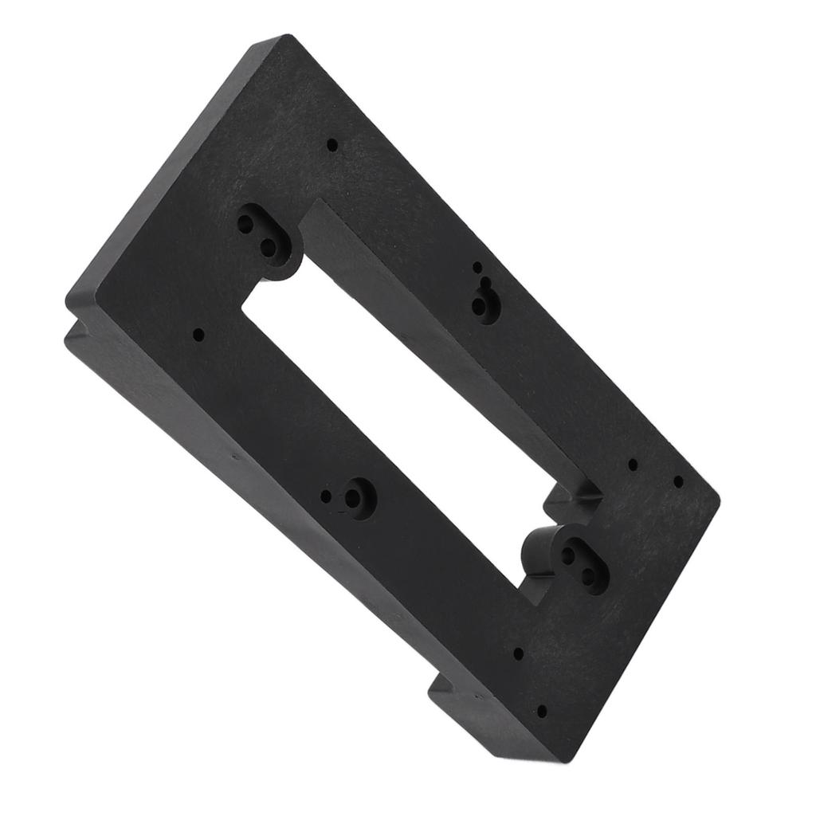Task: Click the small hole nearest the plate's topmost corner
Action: [332, 145]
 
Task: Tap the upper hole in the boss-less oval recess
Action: [246, 224]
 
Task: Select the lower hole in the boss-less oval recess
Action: [269, 248]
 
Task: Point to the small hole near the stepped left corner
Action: [198, 335]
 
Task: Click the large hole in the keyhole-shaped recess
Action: [480, 306]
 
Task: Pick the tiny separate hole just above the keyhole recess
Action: [477, 268]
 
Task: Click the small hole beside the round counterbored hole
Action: [326, 496]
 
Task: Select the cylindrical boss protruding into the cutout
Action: [542, 550]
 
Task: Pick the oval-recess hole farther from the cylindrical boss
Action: [589, 575]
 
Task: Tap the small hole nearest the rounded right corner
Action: [678, 481]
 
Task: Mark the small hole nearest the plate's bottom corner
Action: [542, 711]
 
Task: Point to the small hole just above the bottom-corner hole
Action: [518, 653]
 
